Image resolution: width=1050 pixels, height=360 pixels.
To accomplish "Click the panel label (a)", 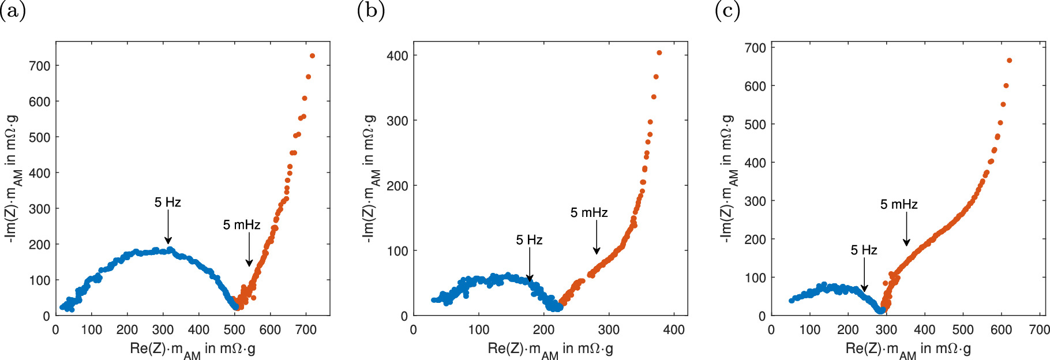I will coord(13,10).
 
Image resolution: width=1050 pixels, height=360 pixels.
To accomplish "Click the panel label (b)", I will coord(370,10).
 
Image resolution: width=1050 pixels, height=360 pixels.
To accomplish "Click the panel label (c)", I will coord(727,10).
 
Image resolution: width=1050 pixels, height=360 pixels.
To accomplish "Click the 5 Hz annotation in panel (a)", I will coord(167,202).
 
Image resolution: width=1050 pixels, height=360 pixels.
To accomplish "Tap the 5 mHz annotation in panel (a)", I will coord(242,225).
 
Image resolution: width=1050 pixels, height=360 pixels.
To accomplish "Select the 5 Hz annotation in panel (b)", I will coord(529,240).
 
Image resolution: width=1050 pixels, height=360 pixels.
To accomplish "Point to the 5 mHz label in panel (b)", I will coord(589,213).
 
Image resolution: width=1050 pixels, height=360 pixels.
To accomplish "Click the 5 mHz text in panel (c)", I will coord(899,204).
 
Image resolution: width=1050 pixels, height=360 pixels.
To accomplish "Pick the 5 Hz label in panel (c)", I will coord(864,250).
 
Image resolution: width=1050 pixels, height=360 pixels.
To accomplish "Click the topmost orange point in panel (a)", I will coord(312,56).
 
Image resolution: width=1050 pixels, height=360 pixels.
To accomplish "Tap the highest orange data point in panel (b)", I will coord(659,53).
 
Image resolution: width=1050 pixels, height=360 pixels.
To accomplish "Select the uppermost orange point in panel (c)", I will coord(1010,61).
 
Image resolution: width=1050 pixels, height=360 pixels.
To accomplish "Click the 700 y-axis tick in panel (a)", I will coord(40,66).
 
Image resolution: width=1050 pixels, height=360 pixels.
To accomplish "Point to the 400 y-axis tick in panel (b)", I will coord(397,56).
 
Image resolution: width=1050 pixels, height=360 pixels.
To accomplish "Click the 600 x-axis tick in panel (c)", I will coord(1001,330).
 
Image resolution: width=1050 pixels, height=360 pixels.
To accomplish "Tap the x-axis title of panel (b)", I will coord(550,349).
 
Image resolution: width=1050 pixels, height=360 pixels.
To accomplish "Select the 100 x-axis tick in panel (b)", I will coord(479,330).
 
